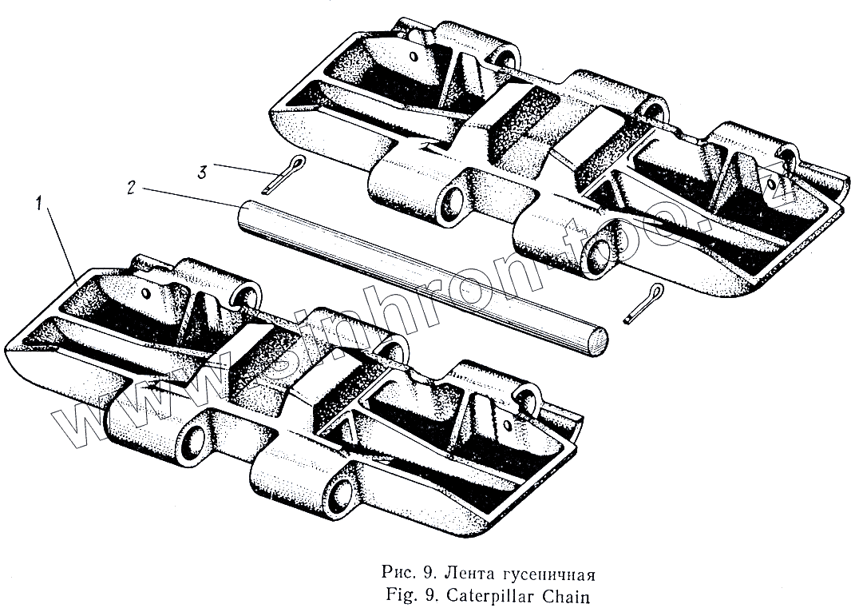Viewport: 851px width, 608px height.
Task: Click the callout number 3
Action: tap(204, 170)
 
